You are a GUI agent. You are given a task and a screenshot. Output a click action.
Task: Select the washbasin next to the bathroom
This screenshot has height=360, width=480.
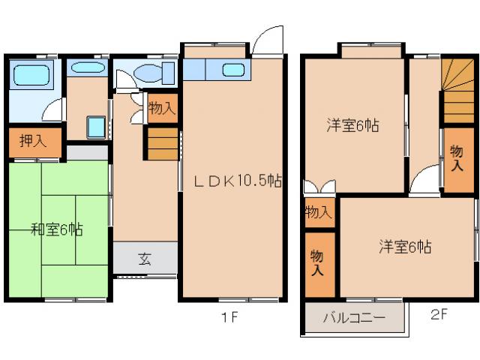click(88, 68)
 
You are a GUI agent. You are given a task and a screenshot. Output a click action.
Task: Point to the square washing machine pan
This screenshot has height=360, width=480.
click(95, 127)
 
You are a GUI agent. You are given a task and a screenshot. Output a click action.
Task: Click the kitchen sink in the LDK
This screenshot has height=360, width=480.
click(233, 70)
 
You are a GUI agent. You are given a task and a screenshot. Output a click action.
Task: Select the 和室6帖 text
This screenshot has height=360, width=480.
click(56, 229)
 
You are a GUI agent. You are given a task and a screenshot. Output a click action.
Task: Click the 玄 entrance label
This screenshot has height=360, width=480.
click(145, 260)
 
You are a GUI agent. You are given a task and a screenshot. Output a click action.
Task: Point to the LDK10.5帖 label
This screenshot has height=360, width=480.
click(238, 181)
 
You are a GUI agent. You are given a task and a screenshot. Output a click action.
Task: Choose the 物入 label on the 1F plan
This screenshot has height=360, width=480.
click(161, 108)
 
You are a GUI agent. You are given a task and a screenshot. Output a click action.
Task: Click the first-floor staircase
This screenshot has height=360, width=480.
click(162, 144)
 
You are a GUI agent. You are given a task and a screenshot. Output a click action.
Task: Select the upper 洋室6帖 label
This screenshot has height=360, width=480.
click(352, 126)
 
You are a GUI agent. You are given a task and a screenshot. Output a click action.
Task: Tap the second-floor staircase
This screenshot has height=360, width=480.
click(457, 89)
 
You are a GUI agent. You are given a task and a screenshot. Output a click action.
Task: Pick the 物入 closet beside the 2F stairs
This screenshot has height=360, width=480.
click(456, 159)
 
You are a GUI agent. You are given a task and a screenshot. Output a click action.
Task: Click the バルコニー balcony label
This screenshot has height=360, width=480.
click(354, 318)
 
